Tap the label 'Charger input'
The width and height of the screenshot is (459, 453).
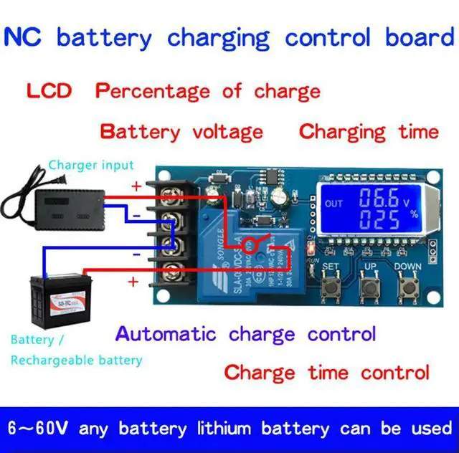(91, 166)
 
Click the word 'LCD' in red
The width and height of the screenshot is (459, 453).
(49, 92)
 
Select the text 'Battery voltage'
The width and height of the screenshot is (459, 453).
(181, 132)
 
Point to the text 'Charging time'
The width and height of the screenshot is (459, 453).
(369, 132)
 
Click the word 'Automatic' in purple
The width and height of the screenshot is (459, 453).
(166, 334)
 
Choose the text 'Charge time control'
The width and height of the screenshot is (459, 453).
(327, 373)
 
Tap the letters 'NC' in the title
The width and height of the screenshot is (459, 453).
(22, 37)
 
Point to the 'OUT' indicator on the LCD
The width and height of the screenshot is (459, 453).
(334, 204)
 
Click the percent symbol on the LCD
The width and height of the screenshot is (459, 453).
(413, 214)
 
